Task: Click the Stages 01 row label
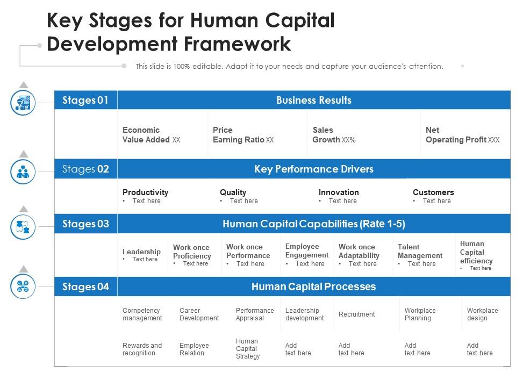[x=85, y=100]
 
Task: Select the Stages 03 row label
[x=85, y=224]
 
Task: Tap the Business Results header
[x=313, y=100]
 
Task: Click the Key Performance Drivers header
[x=313, y=169]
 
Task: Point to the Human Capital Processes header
[x=313, y=286]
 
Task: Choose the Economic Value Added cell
[x=151, y=135]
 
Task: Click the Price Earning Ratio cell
[x=243, y=135]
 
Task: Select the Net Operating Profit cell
[x=462, y=135]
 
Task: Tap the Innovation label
[x=339, y=192]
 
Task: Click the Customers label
[x=433, y=192]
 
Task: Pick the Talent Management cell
[x=420, y=252]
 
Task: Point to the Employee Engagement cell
[x=306, y=251]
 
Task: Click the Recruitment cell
[x=356, y=314]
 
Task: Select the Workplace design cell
[x=482, y=314]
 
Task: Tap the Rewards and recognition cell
[x=142, y=349]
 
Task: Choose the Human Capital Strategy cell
[x=247, y=349]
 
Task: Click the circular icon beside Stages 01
[x=23, y=102]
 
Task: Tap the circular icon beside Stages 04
[x=23, y=286]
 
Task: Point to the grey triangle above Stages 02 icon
[x=23, y=154]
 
